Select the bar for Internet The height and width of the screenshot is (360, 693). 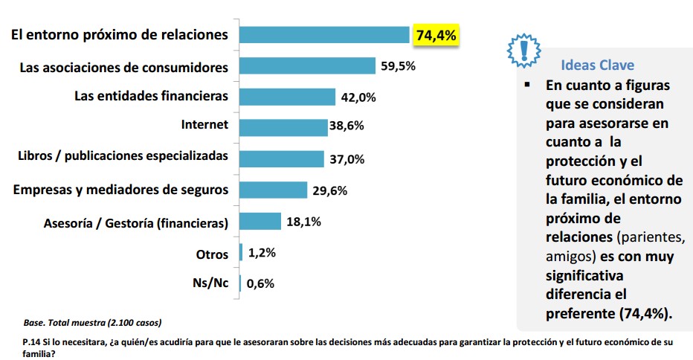pyautogui.click(x=283, y=127)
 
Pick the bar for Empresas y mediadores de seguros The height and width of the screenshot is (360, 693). pyautogui.click(x=273, y=190)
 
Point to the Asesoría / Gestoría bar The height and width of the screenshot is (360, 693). pyautogui.click(x=260, y=221)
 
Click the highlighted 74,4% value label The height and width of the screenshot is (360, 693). pyautogui.click(x=436, y=35)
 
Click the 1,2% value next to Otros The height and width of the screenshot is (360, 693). pyautogui.click(x=261, y=253)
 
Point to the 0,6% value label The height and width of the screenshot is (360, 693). pyautogui.click(x=261, y=283)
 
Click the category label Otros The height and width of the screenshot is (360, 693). pyautogui.click(x=212, y=254)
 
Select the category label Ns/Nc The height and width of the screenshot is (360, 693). pyautogui.click(x=210, y=283)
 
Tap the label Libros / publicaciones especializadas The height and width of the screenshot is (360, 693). pyautogui.click(x=123, y=156)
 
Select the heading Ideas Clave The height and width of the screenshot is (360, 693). pyautogui.click(x=597, y=64)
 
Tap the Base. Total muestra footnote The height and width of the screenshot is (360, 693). pyautogui.click(x=93, y=323)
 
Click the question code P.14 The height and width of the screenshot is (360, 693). pyautogui.click(x=32, y=341)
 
